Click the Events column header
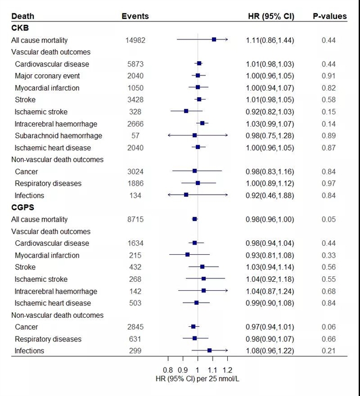coord(135,16)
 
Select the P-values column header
coord(330,16)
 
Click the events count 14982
coord(135,40)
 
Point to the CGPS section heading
coord(23,208)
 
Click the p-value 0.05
coord(329,219)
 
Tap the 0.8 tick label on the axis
coord(168,370)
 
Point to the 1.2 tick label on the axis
coord(227,370)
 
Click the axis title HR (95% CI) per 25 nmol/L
coord(197,379)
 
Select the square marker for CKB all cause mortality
coord(214,40)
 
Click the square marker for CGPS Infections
coord(209,350)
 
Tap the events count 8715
coord(135,219)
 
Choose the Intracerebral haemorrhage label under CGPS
coord(56,291)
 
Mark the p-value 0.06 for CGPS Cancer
coord(329,327)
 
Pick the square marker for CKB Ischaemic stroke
coord(186,111)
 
